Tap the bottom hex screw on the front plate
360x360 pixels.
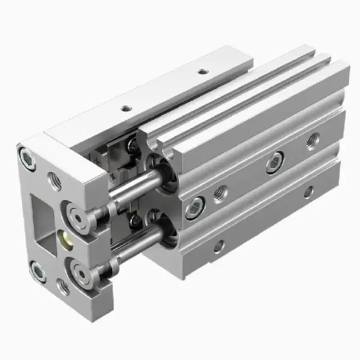point(38,272)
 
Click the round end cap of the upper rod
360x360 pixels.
point(76,210)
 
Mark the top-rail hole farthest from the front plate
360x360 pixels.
point(204,72)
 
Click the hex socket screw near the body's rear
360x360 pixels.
point(275,162)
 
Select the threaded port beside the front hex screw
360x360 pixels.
point(220,194)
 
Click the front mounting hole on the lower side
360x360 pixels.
point(219,246)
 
